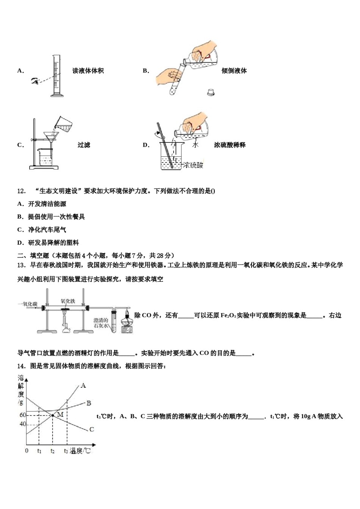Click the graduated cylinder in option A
tap(56, 76)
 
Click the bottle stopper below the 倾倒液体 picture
tap(211, 92)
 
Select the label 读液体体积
tap(88, 71)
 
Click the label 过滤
tap(84, 145)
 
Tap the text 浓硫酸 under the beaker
tap(193, 165)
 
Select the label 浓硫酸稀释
tap(230, 145)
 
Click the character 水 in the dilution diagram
tap(195, 144)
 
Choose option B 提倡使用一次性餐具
tap(51, 217)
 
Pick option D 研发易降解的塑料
tap(48, 242)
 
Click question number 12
tap(22, 191)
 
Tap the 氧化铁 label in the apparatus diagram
tap(68, 301)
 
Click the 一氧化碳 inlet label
tap(27, 304)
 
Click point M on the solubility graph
tap(52, 415)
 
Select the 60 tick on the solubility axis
tap(22, 415)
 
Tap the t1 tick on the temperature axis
tap(39, 451)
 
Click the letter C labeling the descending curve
tap(91, 429)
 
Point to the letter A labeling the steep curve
tap(83, 386)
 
